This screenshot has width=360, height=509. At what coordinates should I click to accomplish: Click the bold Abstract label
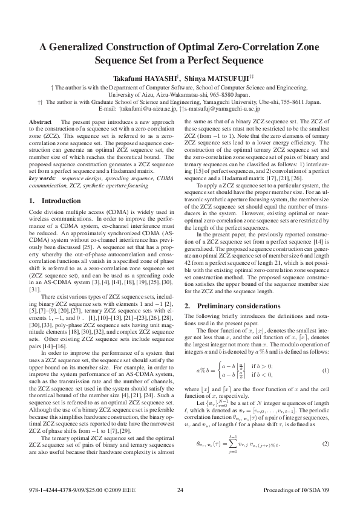point(41,122)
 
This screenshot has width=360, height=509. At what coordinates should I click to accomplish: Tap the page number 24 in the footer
point(180,490)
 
